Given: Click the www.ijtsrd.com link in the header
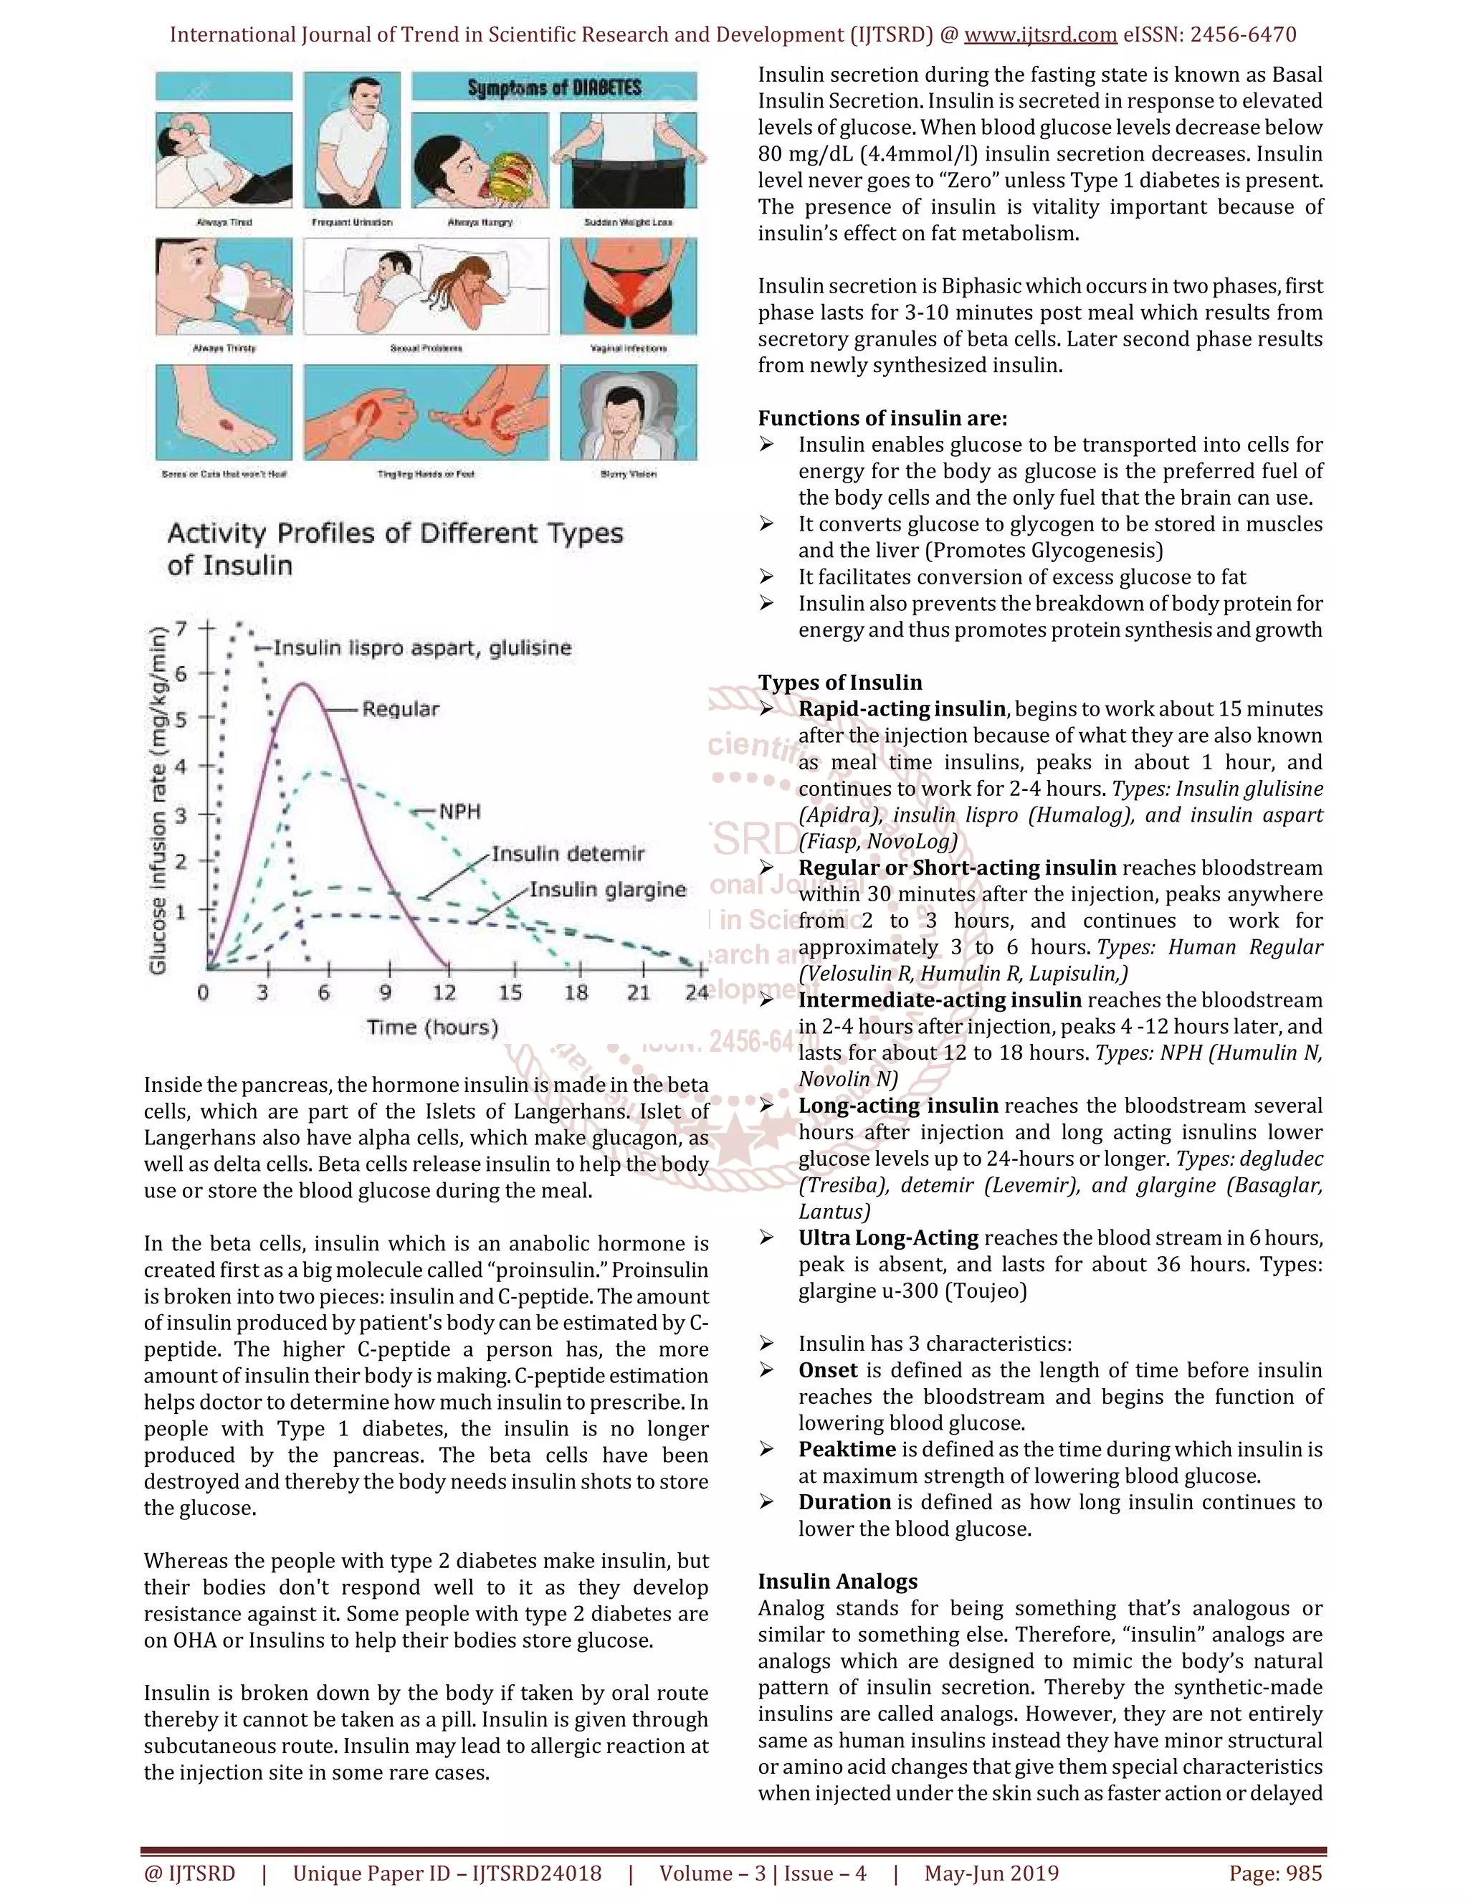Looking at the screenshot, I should coord(1040,35).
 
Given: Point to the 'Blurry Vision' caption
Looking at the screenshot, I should coord(628,474).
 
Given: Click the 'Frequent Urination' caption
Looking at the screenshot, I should coord(351,223).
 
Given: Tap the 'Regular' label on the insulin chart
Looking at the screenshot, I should coord(400,709).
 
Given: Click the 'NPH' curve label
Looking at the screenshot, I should coord(459,812).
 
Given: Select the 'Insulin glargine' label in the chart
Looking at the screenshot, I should coord(608,889).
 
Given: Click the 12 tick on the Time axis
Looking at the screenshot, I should coord(444,992).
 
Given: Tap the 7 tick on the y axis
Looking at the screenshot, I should coord(181,628).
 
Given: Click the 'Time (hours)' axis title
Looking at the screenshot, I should coord(432,1027).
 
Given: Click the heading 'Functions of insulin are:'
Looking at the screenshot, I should coord(882,419).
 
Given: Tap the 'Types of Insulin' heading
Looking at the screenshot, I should coord(839,682).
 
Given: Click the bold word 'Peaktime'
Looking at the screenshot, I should coord(847,1449).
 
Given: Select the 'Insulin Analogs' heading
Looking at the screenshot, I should coord(837,1582).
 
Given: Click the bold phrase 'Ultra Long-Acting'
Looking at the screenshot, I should coord(888,1238).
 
